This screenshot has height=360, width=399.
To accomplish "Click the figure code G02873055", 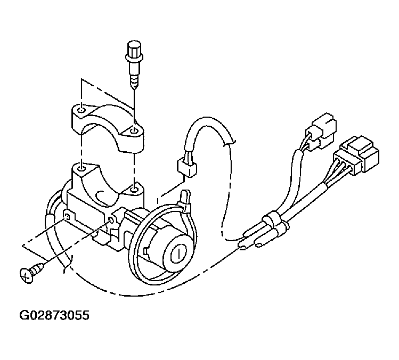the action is [x=54, y=315].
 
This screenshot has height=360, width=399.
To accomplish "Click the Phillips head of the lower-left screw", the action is [x=27, y=275].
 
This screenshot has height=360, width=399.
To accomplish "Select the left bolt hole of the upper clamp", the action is [x=81, y=111].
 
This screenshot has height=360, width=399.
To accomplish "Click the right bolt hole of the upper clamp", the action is [x=134, y=131].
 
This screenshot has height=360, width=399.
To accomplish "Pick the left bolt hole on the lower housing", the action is [x=82, y=169].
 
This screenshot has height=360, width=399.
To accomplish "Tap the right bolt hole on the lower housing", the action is [x=134, y=189].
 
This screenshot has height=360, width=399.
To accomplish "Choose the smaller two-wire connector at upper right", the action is [x=321, y=132].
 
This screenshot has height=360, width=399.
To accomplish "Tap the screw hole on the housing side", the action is [x=111, y=220].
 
